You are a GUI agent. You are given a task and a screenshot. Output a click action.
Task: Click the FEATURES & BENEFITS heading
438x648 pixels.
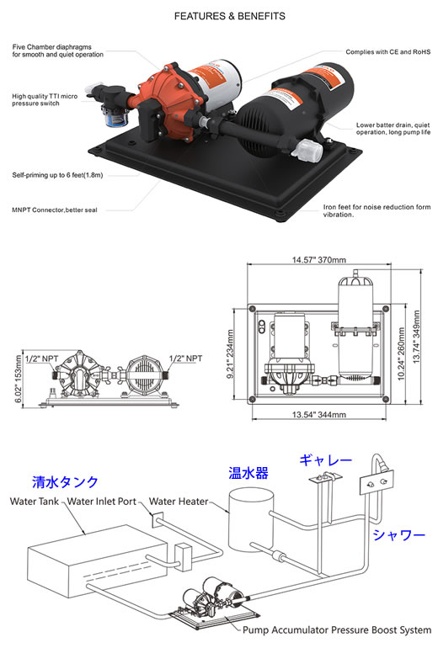230,16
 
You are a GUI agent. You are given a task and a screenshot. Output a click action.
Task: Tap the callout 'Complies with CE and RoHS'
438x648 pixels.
388,52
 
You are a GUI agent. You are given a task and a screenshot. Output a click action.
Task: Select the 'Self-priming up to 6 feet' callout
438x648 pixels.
57,175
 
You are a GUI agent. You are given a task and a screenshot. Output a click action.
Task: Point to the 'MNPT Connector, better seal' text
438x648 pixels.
55,210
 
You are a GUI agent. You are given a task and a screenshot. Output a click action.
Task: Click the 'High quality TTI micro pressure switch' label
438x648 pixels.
45,99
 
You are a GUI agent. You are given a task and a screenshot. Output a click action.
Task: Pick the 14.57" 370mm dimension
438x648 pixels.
319,260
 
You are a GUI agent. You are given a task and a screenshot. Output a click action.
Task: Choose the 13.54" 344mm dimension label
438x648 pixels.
319,415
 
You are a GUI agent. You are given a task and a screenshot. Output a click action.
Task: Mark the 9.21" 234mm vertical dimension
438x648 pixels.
231,353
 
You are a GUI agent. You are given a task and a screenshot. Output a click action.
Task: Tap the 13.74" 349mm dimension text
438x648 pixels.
416,337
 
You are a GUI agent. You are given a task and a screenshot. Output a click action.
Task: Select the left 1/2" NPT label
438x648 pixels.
42,359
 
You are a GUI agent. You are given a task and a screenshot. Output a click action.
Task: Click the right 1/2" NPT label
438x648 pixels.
185,359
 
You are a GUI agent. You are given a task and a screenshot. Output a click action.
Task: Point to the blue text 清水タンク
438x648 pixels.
66,482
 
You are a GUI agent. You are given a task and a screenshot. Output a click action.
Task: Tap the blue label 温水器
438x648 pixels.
248,473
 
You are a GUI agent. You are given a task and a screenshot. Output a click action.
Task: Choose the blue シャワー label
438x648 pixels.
399,535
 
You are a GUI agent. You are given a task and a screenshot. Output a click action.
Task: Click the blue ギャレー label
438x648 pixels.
325,460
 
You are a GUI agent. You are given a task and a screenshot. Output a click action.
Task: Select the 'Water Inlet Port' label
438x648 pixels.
102,502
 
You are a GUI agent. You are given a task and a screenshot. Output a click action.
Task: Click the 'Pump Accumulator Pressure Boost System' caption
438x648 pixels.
337,630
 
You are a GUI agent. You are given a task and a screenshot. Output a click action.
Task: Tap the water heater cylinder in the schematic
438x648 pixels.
251,520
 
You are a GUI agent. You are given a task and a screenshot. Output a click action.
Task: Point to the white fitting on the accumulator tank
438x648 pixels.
307,149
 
